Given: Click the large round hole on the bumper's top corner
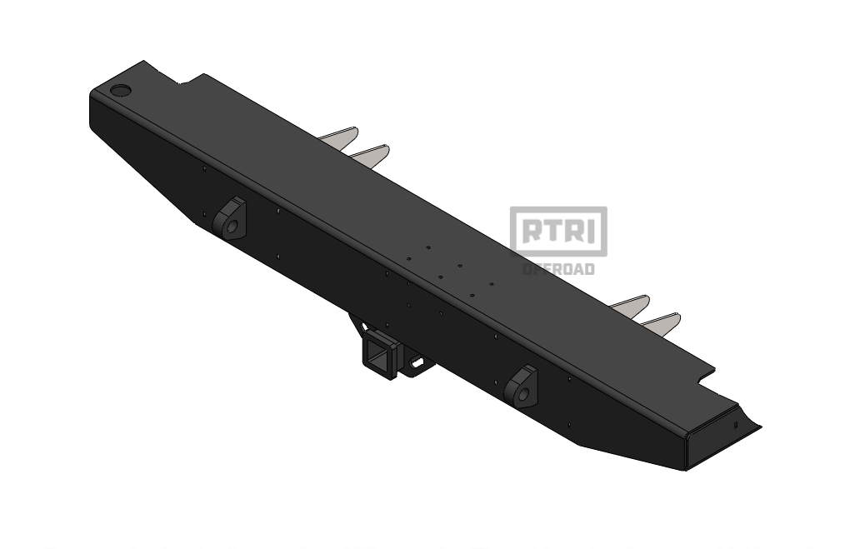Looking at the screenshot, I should click(122, 90).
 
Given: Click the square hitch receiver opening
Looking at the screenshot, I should click(377, 359).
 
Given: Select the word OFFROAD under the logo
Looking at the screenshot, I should click(558, 269).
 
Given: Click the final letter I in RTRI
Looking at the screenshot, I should click(592, 231).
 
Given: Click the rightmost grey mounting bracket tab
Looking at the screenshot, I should click(662, 322).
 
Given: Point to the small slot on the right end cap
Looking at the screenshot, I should click(736, 425).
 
